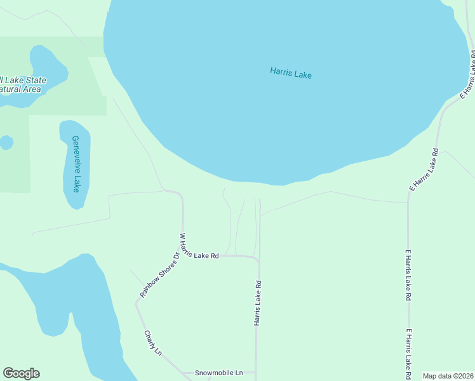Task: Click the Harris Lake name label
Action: coord(290,73)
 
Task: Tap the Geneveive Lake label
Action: coord(76,164)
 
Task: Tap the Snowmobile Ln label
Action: coord(218,372)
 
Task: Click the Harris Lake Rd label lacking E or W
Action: coord(258,304)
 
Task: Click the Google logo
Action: coord(21,373)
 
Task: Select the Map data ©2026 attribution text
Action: coord(448,376)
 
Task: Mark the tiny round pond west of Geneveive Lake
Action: coord(6,142)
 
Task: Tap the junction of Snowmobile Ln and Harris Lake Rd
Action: coord(257,373)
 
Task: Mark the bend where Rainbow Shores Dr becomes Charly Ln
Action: coord(136,304)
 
